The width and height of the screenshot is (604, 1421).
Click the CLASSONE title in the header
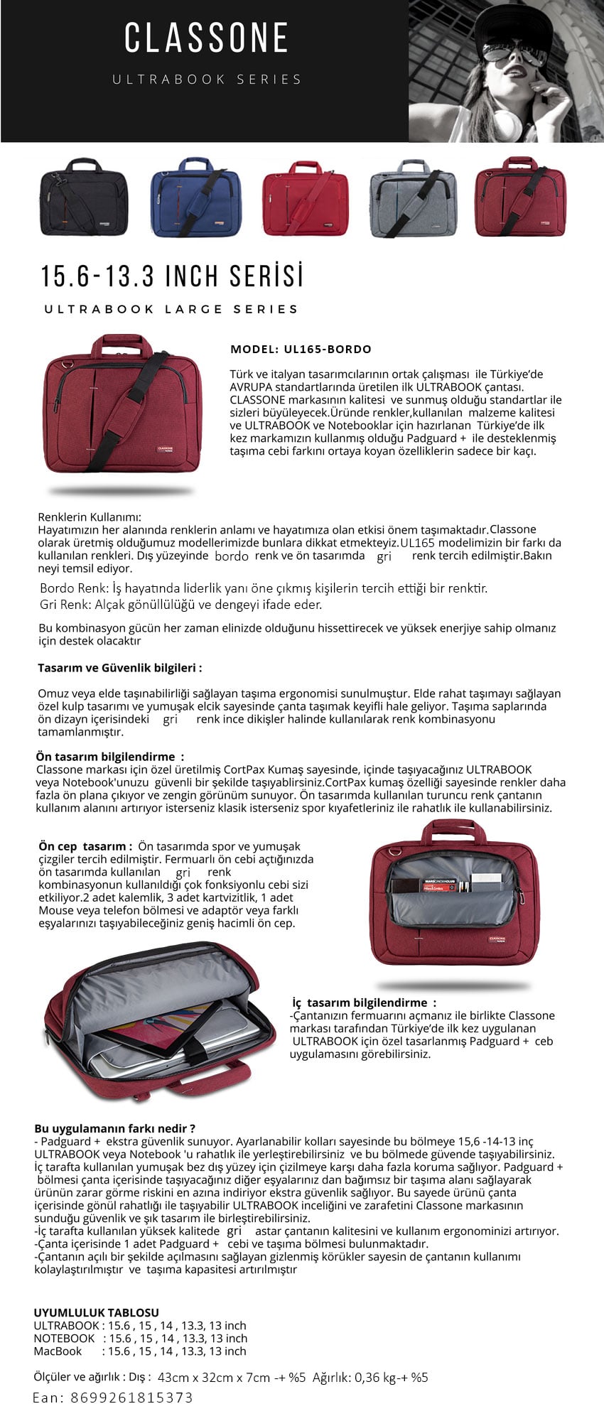206,38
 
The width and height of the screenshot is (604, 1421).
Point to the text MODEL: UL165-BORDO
301,349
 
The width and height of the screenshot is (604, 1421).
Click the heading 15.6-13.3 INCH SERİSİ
172,276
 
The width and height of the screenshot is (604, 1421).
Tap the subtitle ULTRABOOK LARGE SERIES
171,309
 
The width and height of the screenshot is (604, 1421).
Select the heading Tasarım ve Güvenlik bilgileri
119,668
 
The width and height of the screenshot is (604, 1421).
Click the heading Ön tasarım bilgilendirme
109,757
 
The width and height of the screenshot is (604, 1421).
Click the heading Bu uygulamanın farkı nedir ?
114,1128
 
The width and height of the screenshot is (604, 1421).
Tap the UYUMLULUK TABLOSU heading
96,1312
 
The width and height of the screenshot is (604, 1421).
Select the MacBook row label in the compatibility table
58,1351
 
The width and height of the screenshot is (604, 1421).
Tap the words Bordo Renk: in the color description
70,588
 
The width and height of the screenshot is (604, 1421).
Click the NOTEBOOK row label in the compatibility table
64,1338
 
